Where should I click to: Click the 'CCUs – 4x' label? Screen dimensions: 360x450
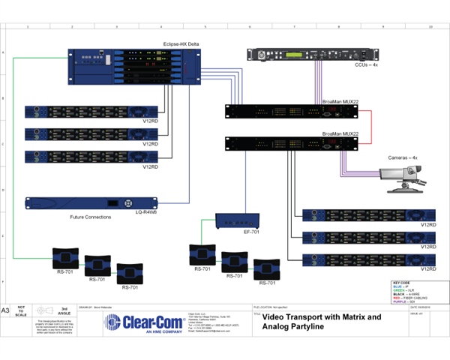pos(368,67)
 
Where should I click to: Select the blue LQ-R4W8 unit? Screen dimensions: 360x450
pos(91,203)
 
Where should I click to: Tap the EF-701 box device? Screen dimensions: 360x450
pos(236,221)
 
